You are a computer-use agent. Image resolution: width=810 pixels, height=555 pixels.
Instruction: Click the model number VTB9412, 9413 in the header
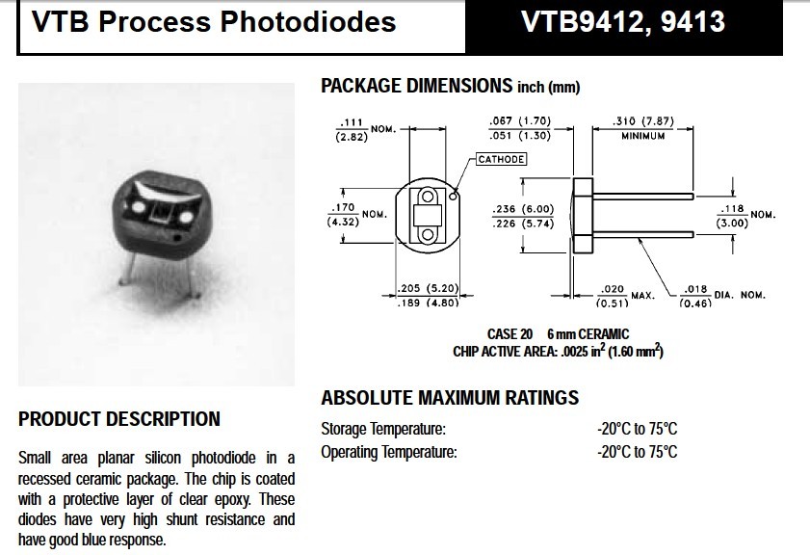(x=623, y=22)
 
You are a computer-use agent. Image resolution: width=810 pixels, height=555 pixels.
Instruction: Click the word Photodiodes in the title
(x=308, y=22)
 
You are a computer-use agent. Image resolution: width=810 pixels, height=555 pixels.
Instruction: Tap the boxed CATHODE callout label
(x=501, y=159)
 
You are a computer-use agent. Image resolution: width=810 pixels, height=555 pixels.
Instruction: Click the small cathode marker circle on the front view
(x=453, y=196)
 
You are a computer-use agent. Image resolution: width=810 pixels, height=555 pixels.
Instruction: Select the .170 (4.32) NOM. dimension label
(x=357, y=215)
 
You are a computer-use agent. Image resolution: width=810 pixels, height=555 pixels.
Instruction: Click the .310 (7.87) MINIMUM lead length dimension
(x=643, y=128)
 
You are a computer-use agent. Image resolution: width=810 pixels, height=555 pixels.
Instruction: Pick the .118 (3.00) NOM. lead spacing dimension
(x=745, y=216)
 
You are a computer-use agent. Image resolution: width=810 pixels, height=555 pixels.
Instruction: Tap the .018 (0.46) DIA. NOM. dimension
(x=722, y=296)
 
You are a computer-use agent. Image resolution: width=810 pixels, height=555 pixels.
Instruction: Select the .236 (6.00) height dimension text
(x=523, y=209)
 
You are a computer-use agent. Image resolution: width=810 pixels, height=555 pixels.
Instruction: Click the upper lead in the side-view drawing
(x=643, y=196)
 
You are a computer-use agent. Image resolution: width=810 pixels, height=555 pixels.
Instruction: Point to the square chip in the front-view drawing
(x=428, y=215)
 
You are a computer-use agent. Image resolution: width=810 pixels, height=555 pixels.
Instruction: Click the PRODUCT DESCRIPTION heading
(x=119, y=419)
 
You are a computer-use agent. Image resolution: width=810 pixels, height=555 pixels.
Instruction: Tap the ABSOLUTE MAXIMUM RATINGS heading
(x=450, y=397)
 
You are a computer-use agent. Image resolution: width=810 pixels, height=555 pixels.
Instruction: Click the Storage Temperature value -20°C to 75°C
(x=637, y=429)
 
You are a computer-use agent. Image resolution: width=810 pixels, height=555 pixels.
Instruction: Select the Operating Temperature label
(x=389, y=452)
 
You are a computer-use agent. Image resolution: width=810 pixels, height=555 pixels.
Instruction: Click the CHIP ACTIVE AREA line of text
(x=558, y=351)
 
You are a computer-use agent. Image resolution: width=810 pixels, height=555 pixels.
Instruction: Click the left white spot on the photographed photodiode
(x=139, y=207)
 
